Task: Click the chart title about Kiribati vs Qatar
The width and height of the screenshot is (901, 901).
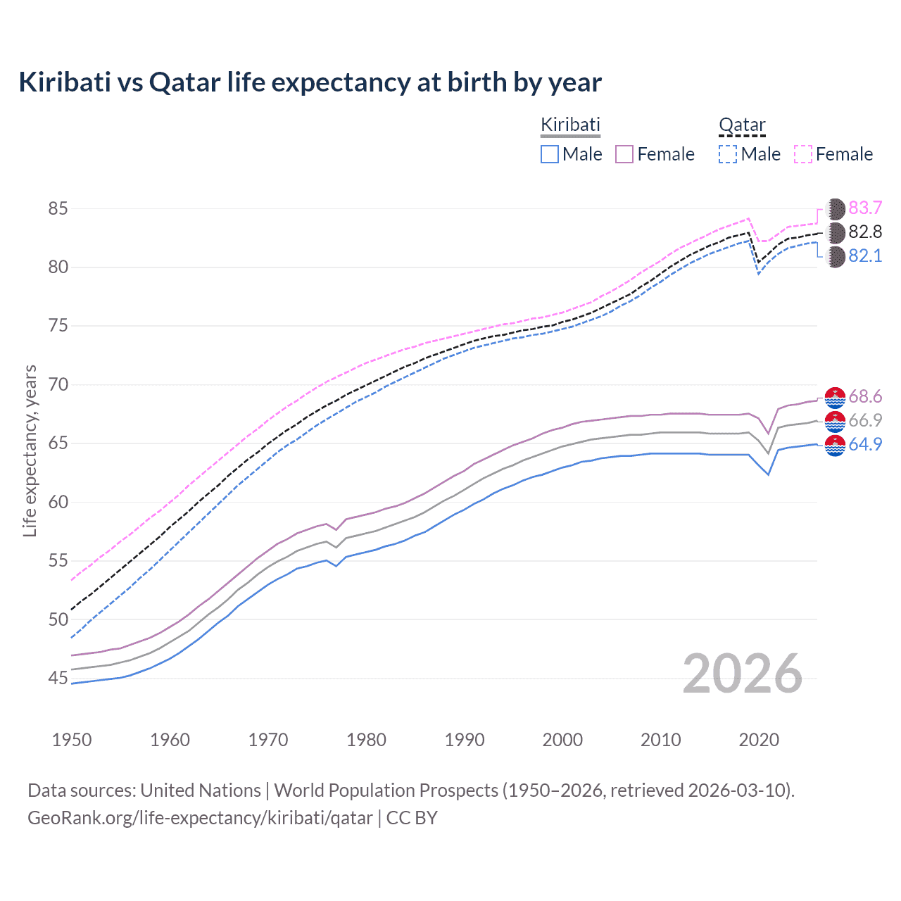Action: tap(310, 82)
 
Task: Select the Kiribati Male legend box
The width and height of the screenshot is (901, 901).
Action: tap(550, 154)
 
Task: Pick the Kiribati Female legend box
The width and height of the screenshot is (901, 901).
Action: tap(624, 154)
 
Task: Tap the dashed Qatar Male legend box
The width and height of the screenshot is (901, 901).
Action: tap(728, 154)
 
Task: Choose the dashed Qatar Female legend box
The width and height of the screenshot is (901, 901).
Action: tap(803, 154)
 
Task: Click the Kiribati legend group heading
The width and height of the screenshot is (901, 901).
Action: tap(570, 125)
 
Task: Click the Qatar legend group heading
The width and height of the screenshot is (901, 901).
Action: tap(742, 125)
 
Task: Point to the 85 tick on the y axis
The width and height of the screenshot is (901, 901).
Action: tap(58, 209)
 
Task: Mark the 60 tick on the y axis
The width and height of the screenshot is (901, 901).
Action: tap(58, 503)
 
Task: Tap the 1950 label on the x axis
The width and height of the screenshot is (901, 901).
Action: tap(72, 740)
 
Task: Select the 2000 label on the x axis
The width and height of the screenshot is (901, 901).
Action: tap(562, 740)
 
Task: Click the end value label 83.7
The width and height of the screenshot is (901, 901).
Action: tap(865, 208)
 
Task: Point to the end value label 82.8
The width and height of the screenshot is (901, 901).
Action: tap(865, 232)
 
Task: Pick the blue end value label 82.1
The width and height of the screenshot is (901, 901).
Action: tap(865, 256)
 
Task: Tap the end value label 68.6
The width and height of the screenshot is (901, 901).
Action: tap(865, 397)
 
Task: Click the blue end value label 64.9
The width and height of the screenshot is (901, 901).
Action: tap(865, 445)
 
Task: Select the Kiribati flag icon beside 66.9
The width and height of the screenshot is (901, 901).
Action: tap(835, 421)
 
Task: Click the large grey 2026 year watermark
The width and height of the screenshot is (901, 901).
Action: tap(743, 674)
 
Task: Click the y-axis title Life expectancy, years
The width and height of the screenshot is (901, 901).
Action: tap(30, 450)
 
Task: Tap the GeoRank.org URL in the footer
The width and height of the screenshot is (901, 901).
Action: tap(200, 818)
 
